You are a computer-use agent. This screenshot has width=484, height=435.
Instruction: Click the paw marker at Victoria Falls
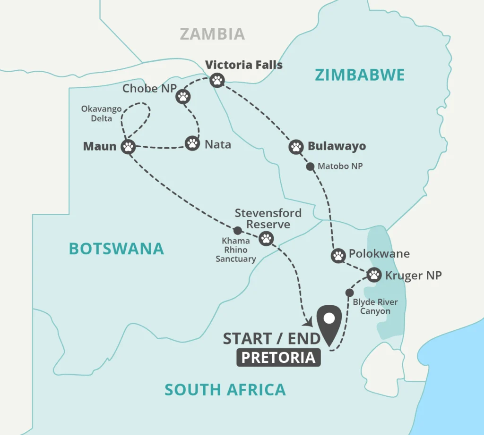point(217,80)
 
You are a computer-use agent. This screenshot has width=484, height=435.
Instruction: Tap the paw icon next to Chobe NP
point(183,97)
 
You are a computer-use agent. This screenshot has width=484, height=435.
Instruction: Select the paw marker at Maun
point(128,146)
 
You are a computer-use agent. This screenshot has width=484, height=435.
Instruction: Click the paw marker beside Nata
point(192,143)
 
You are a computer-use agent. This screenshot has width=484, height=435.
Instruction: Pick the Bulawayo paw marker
point(296,147)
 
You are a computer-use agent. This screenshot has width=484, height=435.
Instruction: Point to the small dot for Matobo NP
point(310,166)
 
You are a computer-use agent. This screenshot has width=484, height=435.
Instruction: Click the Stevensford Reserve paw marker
point(267,239)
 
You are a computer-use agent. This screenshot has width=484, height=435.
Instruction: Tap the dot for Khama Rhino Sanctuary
point(238,230)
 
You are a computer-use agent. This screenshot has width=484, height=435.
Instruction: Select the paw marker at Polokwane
point(338,256)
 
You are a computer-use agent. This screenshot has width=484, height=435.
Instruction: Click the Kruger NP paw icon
point(374,274)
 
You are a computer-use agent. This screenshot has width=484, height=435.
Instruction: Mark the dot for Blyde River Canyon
point(350,292)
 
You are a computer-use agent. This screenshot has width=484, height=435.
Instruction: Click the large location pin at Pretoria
point(329,323)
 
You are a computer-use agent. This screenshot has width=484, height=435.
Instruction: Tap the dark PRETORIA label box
point(278,358)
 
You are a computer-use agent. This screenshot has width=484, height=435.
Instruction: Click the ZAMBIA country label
point(213,33)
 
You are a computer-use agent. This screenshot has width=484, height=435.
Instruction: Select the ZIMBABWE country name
point(360,75)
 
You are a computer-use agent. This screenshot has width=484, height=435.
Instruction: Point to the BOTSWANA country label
point(116,248)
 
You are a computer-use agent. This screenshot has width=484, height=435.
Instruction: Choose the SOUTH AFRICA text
point(225,390)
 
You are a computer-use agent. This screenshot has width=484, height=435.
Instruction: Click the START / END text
point(271,338)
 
